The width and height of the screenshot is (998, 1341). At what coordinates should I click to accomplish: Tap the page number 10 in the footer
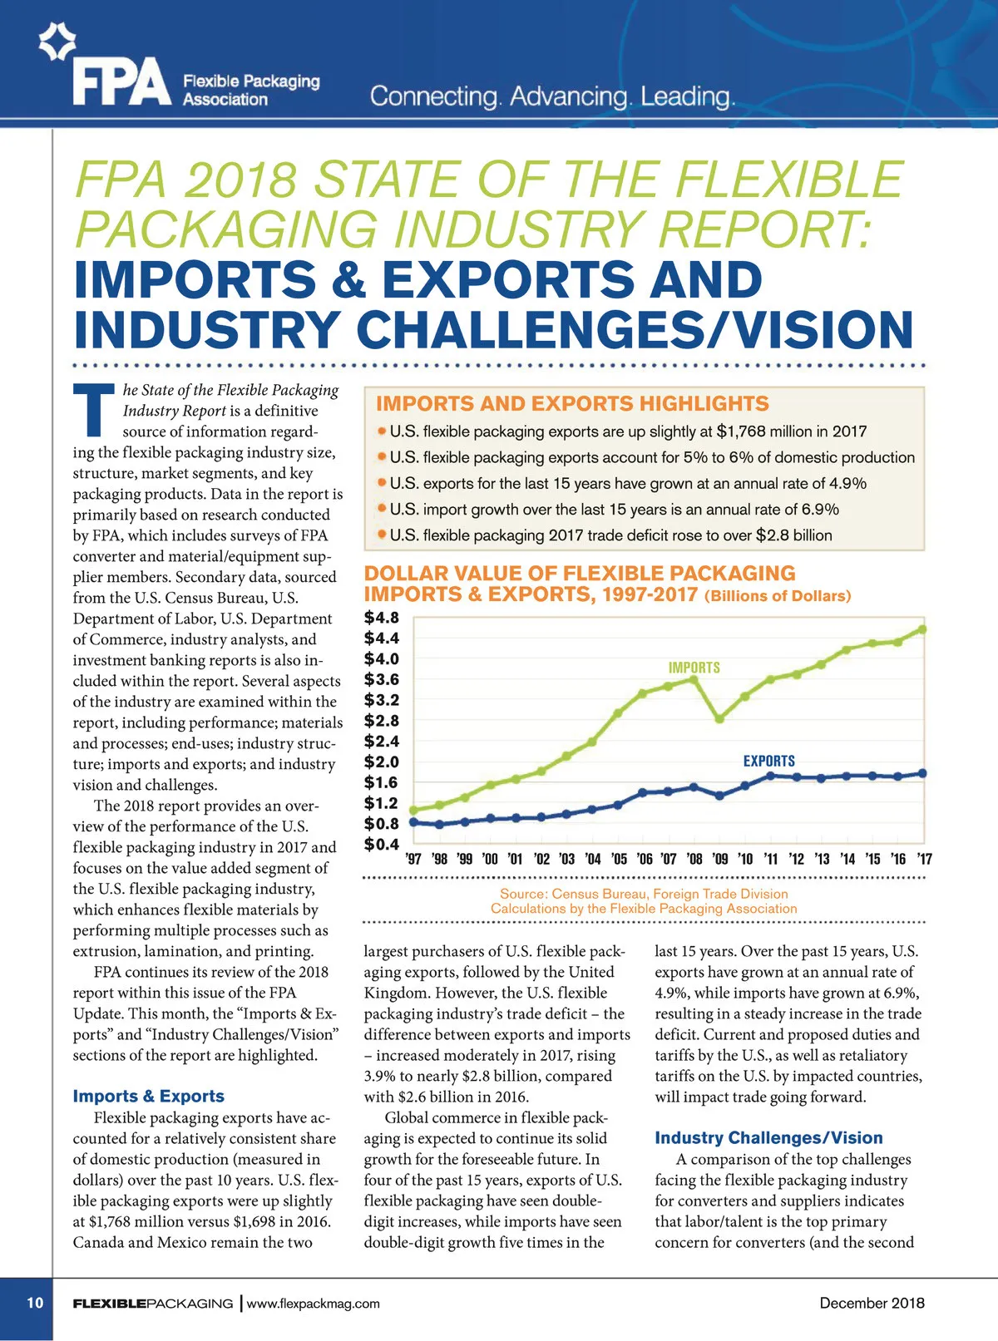click(x=35, y=1302)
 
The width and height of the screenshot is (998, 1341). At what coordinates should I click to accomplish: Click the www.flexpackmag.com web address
click(x=313, y=1303)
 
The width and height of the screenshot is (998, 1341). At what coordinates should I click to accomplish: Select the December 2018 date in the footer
click(x=872, y=1303)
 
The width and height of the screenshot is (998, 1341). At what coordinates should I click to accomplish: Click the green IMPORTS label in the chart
click(x=694, y=668)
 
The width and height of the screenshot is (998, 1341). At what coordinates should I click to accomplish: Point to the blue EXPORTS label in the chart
click(x=768, y=761)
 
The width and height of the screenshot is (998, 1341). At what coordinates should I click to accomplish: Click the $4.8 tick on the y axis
click(x=382, y=618)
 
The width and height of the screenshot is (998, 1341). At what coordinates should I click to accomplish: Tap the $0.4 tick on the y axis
click(x=382, y=845)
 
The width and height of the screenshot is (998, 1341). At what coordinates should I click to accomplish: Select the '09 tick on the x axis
click(x=719, y=859)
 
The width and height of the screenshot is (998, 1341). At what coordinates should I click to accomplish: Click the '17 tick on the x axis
click(x=923, y=859)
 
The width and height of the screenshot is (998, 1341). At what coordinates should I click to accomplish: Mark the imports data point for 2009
click(x=719, y=718)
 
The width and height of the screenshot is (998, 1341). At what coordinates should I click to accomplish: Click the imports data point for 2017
click(x=922, y=629)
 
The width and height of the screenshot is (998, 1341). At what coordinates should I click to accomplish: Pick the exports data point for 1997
click(x=413, y=821)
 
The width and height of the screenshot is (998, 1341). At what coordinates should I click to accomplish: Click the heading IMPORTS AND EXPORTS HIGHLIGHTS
click(x=572, y=404)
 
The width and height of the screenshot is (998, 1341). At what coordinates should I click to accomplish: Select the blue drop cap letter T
click(x=94, y=410)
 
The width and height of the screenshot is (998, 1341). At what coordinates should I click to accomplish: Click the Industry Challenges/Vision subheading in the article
click(x=768, y=1137)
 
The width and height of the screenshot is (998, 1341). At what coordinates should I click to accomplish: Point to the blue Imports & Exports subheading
click(x=148, y=1096)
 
